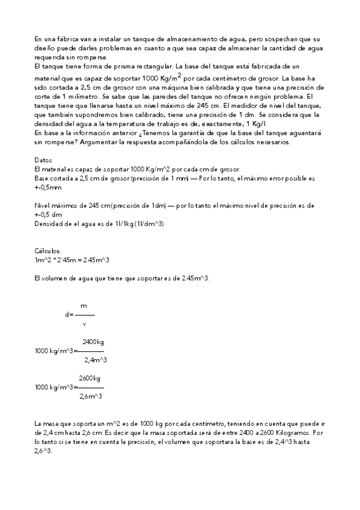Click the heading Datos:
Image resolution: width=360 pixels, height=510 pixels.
(44, 161)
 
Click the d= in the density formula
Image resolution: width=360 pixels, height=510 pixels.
(69, 315)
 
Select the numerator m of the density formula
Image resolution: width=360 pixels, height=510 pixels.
(84, 306)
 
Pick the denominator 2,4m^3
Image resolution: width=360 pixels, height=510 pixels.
(95, 360)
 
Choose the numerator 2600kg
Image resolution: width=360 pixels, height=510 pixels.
(90, 378)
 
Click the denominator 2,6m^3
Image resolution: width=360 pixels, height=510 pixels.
(90, 396)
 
